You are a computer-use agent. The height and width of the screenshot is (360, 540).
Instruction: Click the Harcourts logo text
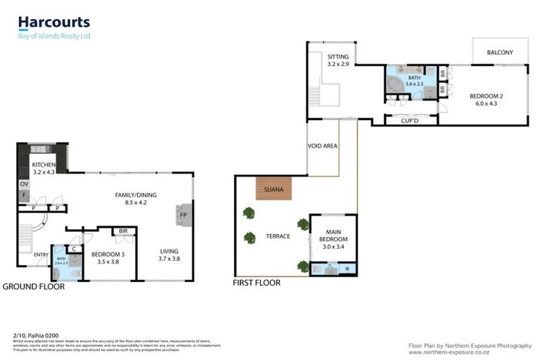54,22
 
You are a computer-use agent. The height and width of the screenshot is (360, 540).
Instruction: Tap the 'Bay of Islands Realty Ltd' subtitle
54,36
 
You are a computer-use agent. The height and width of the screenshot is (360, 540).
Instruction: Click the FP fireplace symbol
184,215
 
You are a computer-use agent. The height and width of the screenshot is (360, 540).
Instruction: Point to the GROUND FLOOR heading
33,286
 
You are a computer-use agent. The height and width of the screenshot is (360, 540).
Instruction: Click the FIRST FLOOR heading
257,283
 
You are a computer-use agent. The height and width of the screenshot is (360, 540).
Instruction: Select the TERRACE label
278,236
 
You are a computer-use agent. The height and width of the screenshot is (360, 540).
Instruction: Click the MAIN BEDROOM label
333,235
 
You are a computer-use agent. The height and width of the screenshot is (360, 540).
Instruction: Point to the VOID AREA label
323,146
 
